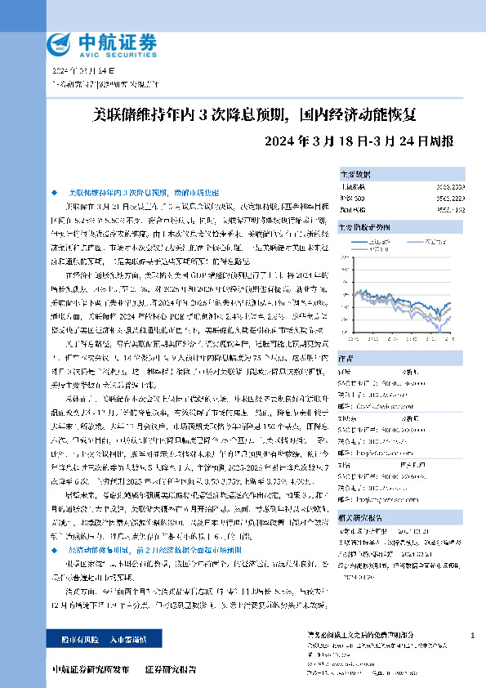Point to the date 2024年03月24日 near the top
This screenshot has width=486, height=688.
[80, 72]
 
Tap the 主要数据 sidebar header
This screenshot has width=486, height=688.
[355, 174]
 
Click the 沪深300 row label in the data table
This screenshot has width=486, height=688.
[352, 197]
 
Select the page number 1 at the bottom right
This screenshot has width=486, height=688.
[473, 635]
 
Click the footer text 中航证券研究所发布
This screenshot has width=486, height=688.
[90, 669]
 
